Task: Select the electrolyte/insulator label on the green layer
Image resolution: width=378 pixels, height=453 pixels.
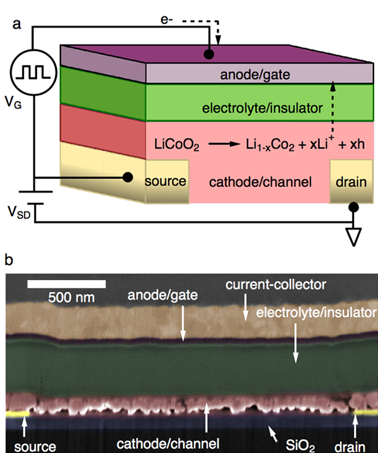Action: coord(266,109)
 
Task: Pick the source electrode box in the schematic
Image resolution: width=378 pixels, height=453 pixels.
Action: coord(166,182)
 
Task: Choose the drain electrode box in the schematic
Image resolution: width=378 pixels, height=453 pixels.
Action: coord(348,182)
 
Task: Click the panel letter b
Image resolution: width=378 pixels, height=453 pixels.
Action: coord(8,259)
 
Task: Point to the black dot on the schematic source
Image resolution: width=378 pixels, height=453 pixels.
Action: coord(128,177)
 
